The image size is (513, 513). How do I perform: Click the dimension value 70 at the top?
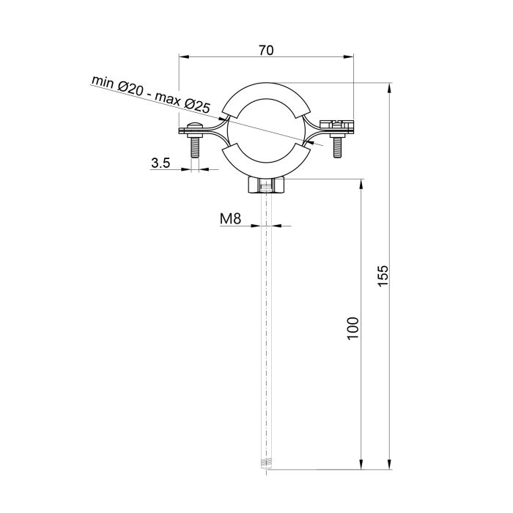(x=266, y=51)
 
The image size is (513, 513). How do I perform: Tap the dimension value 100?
(x=353, y=327)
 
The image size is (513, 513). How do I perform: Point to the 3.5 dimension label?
(x=160, y=163)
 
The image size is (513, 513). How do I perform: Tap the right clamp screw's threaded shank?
(x=337, y=147)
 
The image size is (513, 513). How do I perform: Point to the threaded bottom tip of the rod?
(x=266, y=463)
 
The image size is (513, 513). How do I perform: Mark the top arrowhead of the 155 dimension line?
(x=390, y=86)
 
